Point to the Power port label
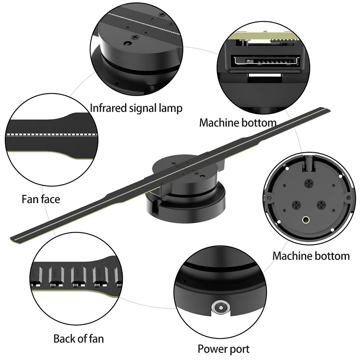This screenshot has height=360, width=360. tap(223, 348)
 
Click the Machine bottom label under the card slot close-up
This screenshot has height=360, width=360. tap(238, 122)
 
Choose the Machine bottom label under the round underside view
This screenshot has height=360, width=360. tap(311, 256)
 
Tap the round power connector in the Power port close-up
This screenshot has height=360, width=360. tap(218, 307)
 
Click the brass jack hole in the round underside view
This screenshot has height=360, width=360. tap(306, 219)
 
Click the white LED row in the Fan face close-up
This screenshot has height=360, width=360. tap(52, 134)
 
